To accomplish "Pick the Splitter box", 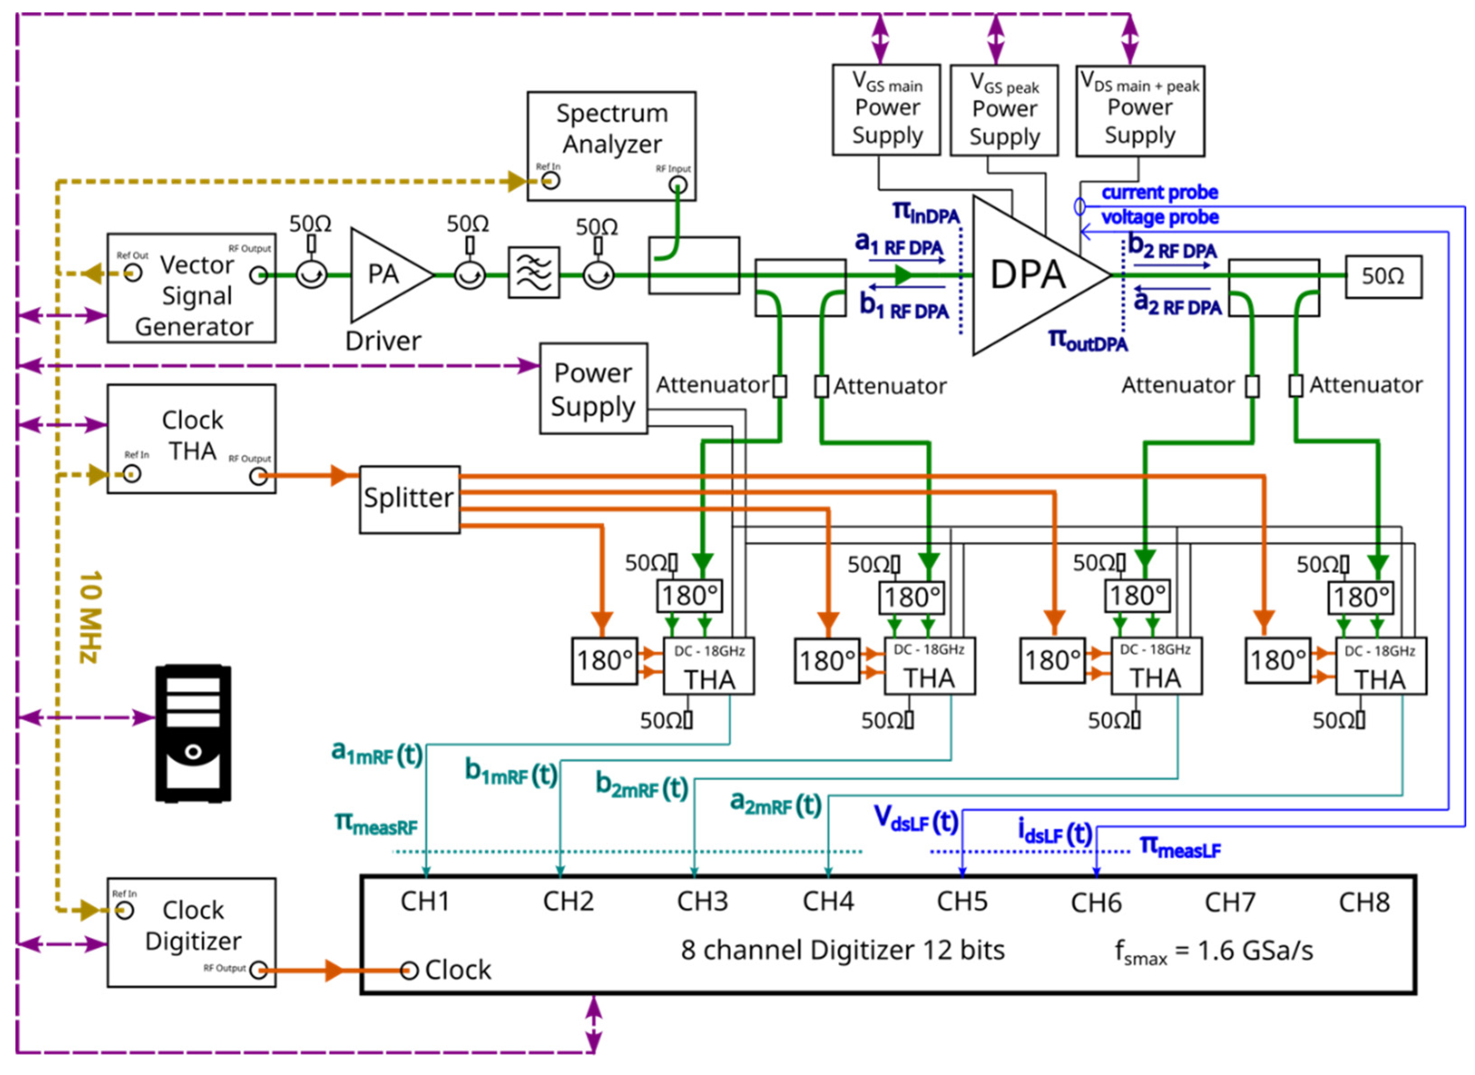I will click(409, 499).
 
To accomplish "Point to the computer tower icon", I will click(193, 733).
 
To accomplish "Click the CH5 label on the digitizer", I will click(962, 901).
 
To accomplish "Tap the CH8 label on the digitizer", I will click(1364, 902).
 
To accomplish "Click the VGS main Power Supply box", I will click(887, 109).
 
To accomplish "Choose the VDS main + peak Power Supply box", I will click(1139, 111).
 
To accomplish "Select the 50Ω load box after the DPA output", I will click(1383, 277).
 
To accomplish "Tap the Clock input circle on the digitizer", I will click(408, 971).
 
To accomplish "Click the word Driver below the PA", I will click(383, 341).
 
